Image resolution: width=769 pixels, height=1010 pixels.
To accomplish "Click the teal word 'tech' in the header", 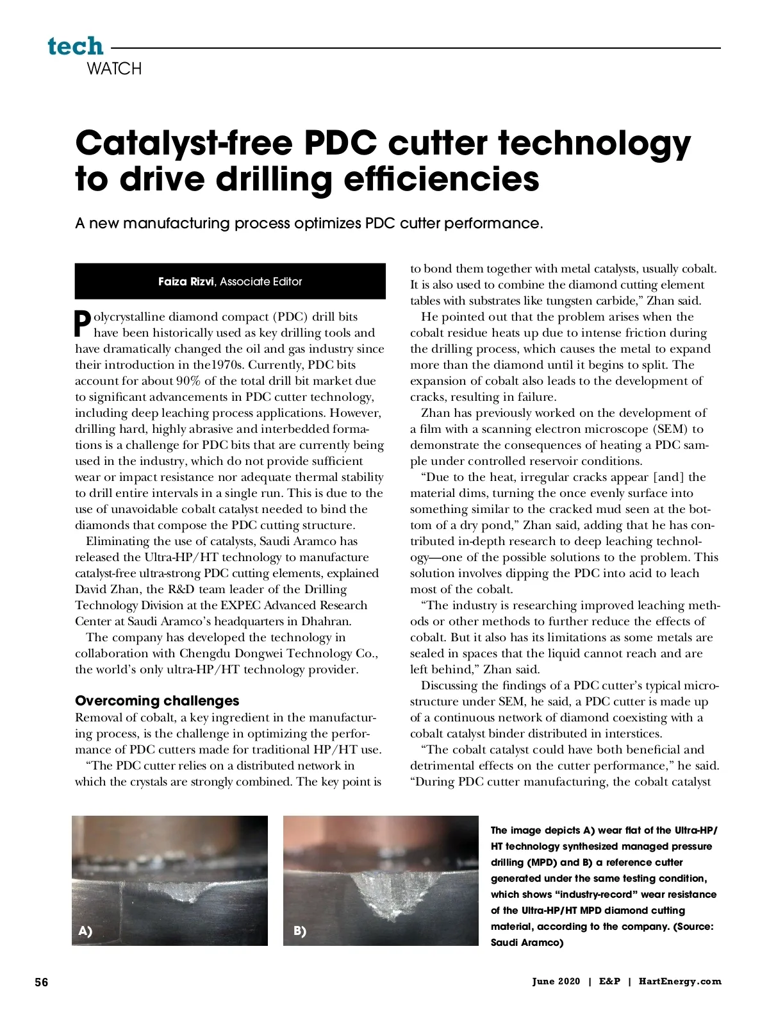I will pos(75,46).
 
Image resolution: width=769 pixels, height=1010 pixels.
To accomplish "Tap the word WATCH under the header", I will pos(114,69).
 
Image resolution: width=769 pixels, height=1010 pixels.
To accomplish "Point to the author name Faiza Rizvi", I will pos(186,282).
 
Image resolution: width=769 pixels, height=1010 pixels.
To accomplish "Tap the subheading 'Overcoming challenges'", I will pos(157,700).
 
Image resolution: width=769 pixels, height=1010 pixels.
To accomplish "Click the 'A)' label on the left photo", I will pos(85,931).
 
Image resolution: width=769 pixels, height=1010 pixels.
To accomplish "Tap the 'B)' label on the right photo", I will pos(299,931).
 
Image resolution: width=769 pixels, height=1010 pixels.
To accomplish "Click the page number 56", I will pos(41,982).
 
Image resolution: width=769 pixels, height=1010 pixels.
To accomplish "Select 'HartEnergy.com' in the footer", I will pos(680,981).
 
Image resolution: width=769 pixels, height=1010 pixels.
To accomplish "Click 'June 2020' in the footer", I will pos(556,981).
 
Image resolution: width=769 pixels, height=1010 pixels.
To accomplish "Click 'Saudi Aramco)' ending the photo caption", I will pos(527,942).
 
